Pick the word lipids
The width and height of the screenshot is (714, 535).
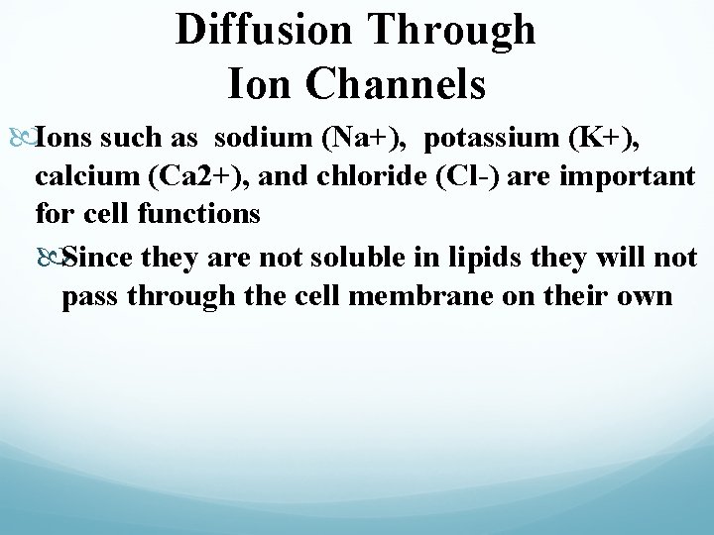[465, 260]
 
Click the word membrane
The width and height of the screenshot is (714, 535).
[407, 295]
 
